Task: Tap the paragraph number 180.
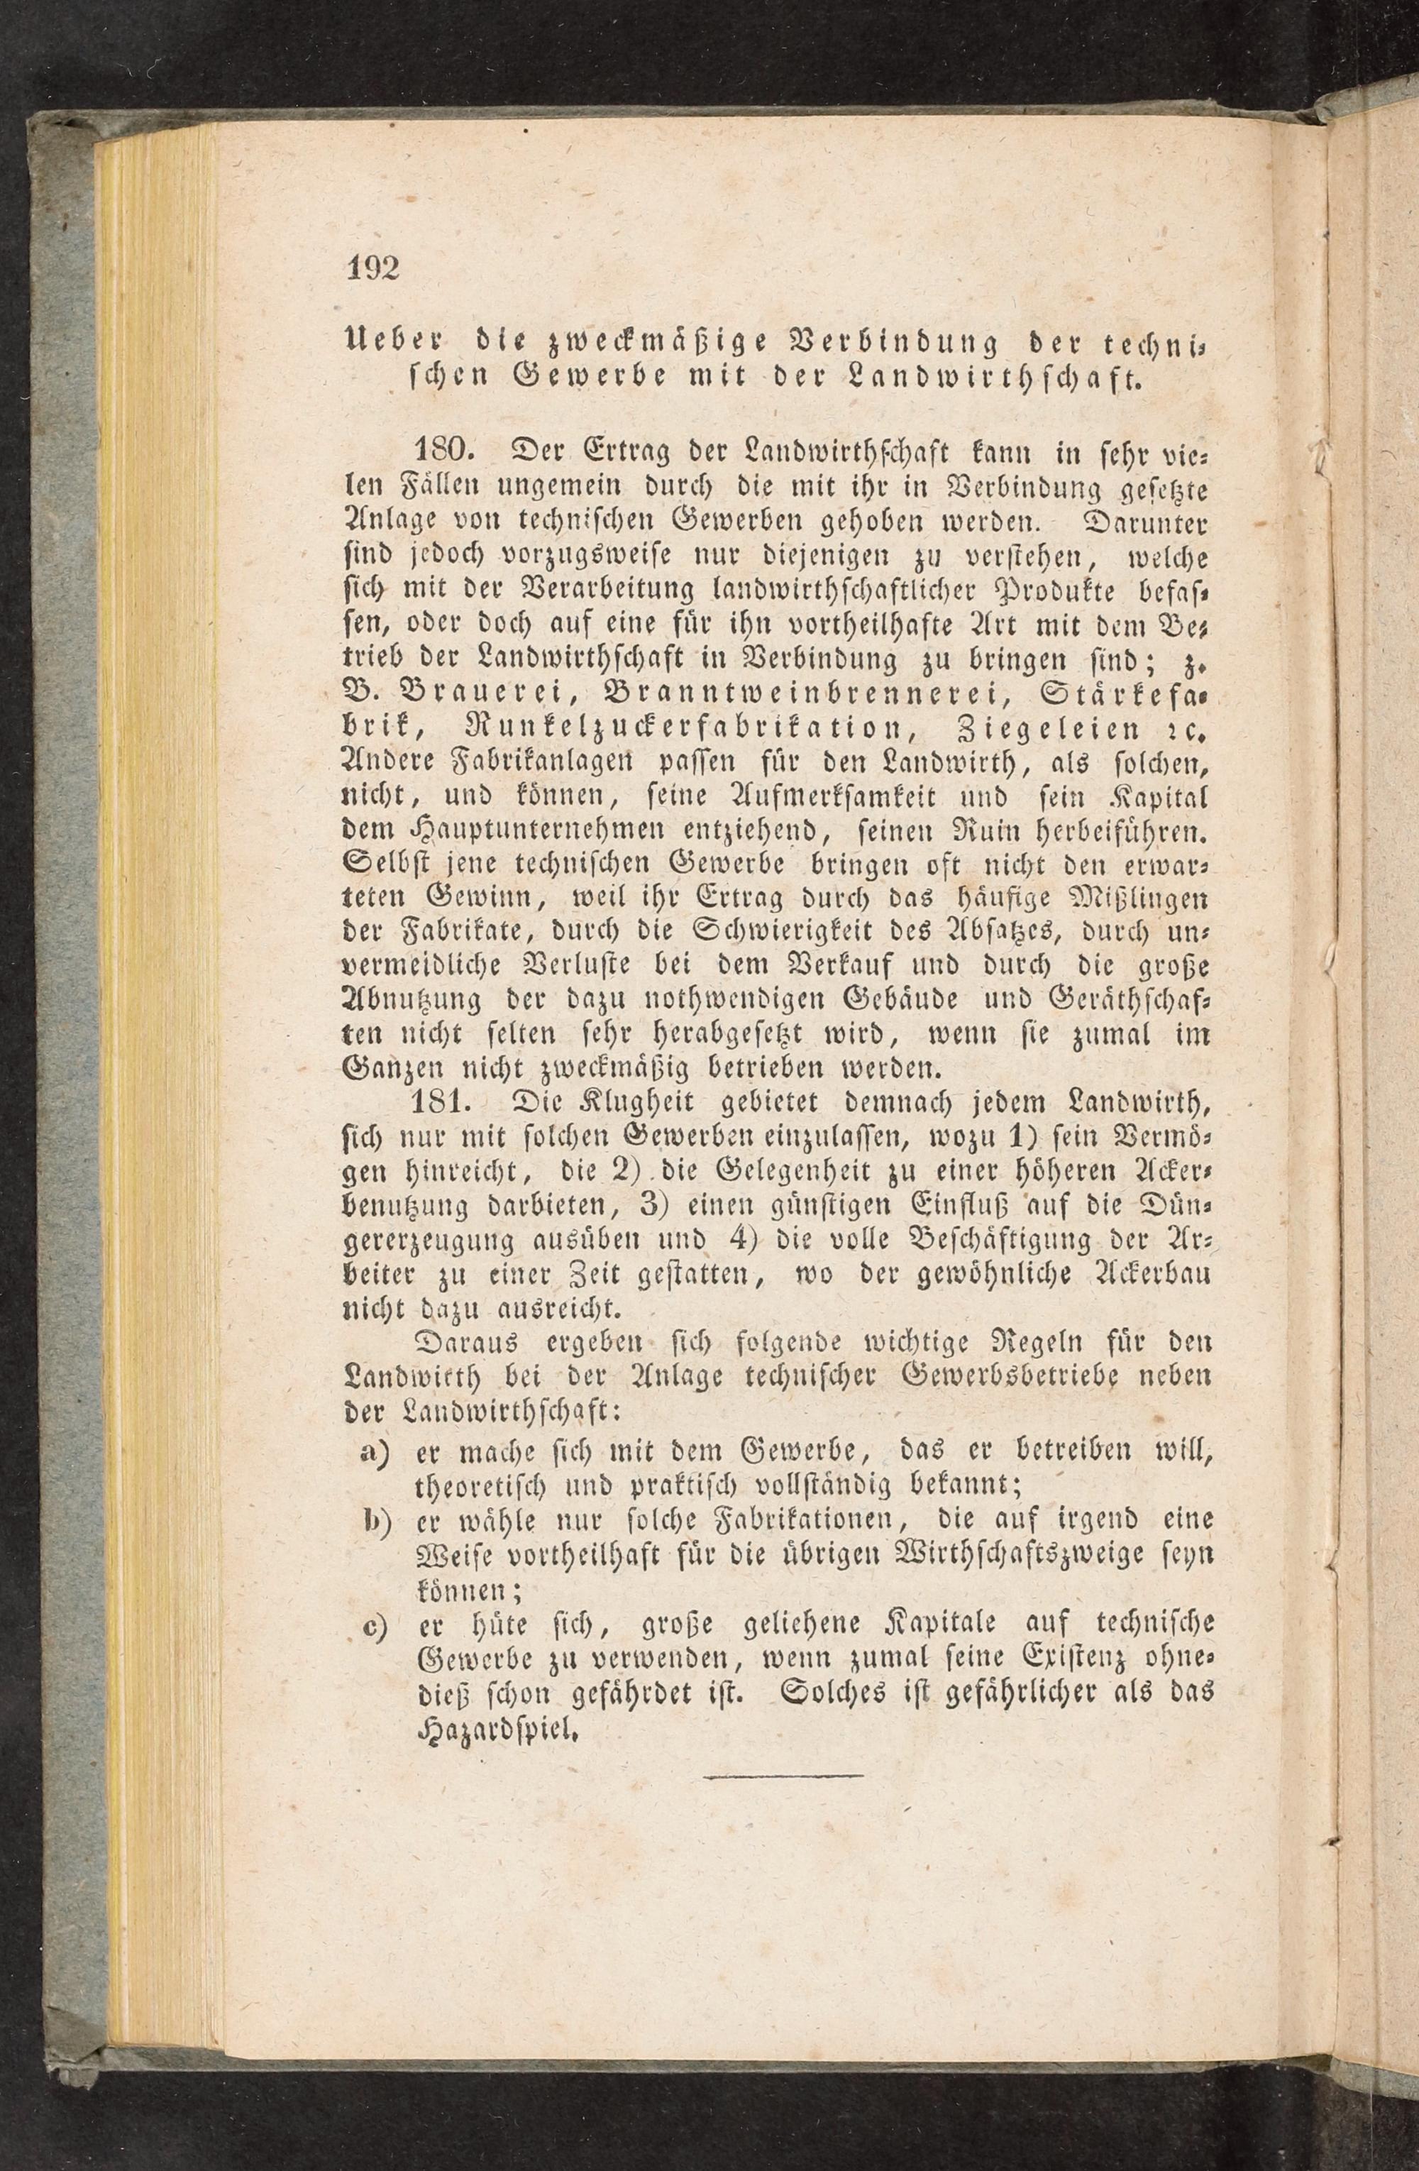[x=444, y=451]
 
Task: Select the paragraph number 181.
[x=444, y=1103]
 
